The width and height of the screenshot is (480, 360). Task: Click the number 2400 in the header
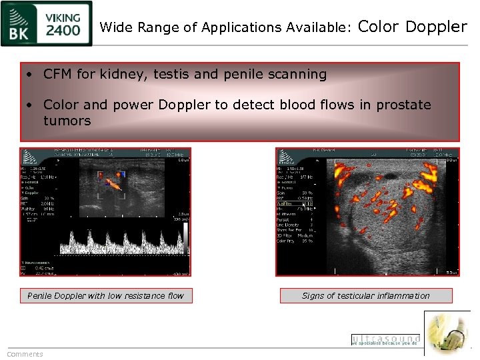tap(64, 30)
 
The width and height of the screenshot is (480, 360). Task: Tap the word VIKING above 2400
tap(64, 17)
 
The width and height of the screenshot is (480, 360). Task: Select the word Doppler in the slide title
tap(436, 27)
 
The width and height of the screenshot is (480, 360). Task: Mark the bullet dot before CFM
tap(31, 75)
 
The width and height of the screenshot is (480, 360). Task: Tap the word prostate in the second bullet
tap(403, 105)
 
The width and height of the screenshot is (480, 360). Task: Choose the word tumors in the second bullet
tap(67, 121)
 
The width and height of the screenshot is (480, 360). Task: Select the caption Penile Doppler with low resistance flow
tap(105, 295)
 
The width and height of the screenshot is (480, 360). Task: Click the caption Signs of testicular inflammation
tap(365, 295)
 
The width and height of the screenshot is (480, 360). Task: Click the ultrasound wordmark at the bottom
tap(385, 339)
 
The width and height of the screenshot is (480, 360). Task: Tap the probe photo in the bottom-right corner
tap(449, 333)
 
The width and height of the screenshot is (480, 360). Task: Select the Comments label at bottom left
tap(25, 354)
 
